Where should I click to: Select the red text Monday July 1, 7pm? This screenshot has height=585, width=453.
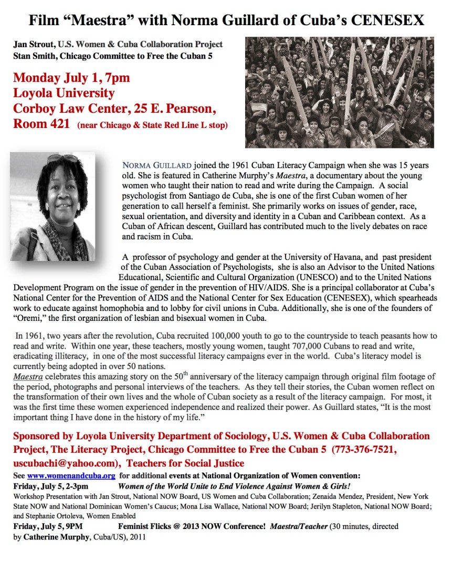[71, 78]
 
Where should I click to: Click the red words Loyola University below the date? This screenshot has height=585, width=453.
[64, 94]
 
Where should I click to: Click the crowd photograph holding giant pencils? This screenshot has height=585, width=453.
[340, 92]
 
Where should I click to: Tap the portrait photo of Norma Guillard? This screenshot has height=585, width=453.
[52, 207]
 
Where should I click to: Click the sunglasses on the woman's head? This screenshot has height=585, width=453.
[62, 158]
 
